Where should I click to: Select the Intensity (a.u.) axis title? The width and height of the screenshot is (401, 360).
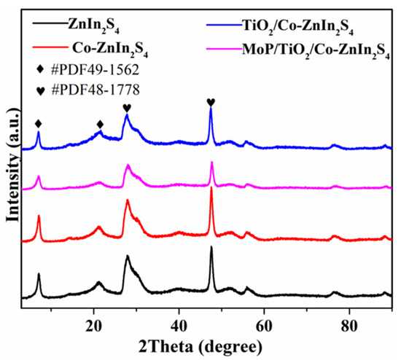pos(12,174)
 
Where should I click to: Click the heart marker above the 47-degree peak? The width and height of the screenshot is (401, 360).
pos(211,102)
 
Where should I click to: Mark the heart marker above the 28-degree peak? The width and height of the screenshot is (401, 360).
pos(127,108)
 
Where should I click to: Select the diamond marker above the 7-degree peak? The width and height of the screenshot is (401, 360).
pos(39,124)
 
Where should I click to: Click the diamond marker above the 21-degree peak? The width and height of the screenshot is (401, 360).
pos(100,124)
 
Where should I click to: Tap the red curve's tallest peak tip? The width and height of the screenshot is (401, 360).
pos(211,189)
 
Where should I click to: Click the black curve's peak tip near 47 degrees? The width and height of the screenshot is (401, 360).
pos(211,248)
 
